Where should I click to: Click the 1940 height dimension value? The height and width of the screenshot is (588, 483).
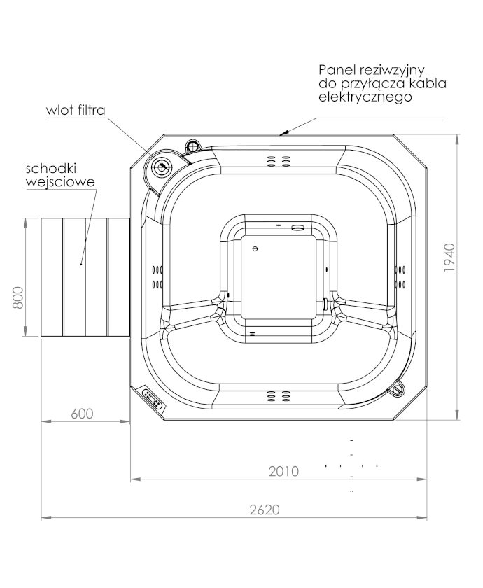point(449,258)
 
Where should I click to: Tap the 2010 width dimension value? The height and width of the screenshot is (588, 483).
point(284,471)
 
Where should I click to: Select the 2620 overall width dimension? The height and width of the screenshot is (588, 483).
point(265,510)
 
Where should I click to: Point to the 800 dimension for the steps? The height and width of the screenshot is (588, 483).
point(18,297)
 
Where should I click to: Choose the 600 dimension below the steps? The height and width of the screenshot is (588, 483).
point(82,414)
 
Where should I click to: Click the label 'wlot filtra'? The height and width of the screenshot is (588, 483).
point(76,110)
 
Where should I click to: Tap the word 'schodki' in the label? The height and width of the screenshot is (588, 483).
point(51,169)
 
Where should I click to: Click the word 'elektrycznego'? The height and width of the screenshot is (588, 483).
point(365,97)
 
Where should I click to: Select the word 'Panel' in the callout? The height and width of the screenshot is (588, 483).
point(337,70)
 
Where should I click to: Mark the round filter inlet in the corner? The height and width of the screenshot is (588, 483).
point(162,166)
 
